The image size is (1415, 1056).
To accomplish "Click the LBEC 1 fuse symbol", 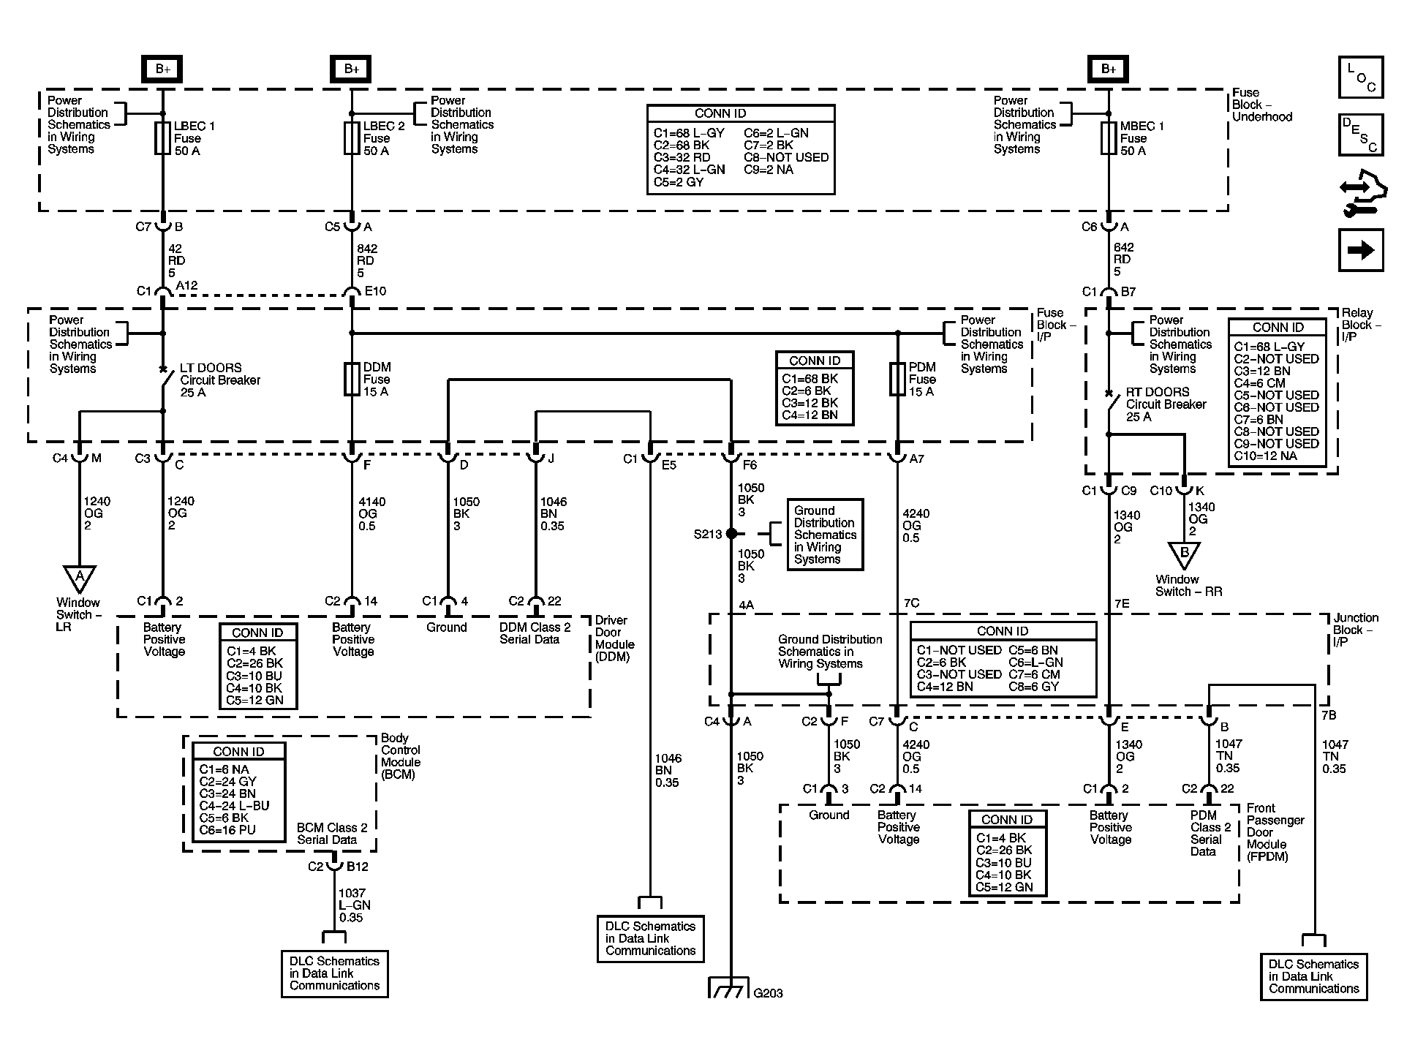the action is [x=162, y=138].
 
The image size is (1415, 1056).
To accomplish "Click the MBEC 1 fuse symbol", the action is [x=1109, y=138].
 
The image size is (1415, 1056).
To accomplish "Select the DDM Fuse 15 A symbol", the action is [x=352, y=379].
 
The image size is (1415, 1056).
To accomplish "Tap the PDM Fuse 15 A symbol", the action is [x=897, y=379].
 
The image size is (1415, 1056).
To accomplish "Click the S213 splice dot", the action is [x=731, y=534].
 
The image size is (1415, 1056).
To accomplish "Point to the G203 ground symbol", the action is [x=730, y=987].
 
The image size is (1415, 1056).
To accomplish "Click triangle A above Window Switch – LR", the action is [x=80, y=578].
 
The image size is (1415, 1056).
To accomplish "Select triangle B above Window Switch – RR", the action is [x=1184, y=555].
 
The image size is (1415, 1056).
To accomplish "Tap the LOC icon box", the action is [x=1361, y=77].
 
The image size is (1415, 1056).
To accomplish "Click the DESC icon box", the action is [x=1361, y=135].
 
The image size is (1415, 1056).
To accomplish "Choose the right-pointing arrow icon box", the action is [x=1361, y=250].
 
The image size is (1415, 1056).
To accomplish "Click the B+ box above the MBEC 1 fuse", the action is [x=1108, y=69].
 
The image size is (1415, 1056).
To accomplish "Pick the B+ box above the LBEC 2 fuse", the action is [x=351, y=69].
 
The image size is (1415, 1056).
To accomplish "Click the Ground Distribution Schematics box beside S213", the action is [x=825, y=535].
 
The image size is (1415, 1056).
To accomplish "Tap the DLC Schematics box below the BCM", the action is [x=335, y=973].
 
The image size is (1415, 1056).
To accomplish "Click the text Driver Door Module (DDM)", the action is [x=614, y=638].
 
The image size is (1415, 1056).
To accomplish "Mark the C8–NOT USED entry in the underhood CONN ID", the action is [x=786, y=157].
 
